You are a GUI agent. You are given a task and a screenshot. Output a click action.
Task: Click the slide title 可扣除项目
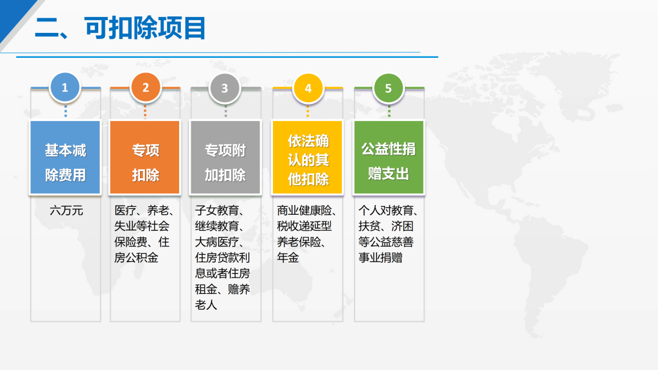click(x=145, y=29)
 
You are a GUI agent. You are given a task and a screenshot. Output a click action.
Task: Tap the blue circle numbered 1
click(x=65, y=88)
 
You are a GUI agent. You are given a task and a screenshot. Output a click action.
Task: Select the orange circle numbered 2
click(x=145, y=88)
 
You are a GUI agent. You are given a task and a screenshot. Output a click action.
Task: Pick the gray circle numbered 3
click(x=225, y=88)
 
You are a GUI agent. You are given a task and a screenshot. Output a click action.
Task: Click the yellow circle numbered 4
click(x=308, y=88)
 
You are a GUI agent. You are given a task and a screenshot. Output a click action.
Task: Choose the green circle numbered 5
click(x=389, y=88)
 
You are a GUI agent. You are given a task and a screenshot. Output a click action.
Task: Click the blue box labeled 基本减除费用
click(x=65, y=158)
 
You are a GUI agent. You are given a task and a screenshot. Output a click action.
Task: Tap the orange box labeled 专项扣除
click(x=145, y=158)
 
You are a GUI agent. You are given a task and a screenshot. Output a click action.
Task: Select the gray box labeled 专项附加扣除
click(x=225, y=158)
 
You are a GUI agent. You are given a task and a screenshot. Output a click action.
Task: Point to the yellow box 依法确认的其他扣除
click(x=308, y=158)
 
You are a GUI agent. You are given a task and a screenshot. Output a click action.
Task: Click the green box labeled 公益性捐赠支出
click(x=389, y=158)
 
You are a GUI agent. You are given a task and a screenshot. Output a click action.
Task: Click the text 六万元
click(x=66, y=211)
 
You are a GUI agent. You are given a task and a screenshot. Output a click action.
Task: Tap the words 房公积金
click(x=136, y=257)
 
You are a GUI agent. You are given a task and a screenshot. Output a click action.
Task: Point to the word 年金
click(x=288, y=257)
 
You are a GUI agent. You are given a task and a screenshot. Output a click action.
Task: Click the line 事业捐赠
click(x=380, y=257)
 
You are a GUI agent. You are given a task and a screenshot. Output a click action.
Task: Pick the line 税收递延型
click(x=304, y=226)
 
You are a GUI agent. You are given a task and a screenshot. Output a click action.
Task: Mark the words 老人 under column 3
click(x=206, y=305)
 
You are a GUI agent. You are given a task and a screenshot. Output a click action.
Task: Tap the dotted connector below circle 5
click(x=389, y=111)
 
